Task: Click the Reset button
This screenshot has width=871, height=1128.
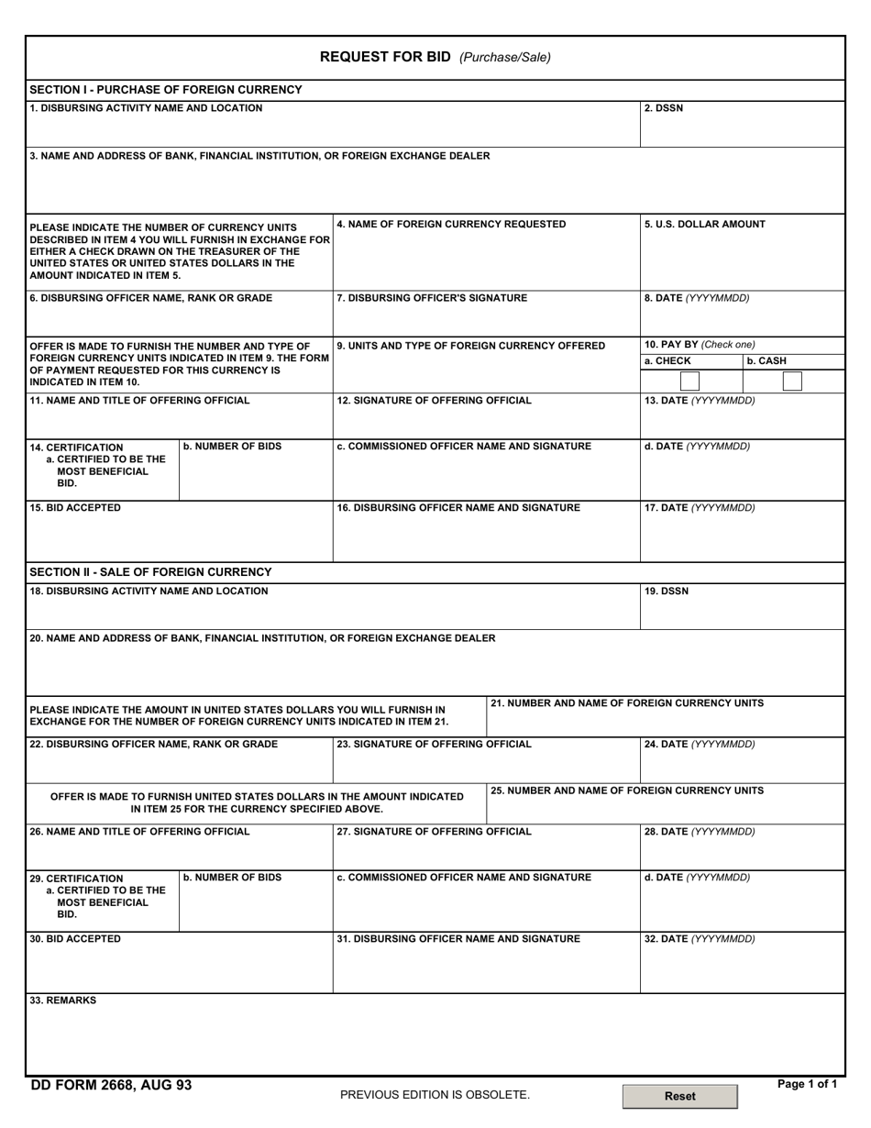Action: [x=679, y=1096]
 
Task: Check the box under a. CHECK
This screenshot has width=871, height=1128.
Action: [x=689, y=381]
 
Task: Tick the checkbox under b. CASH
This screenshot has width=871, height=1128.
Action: [x=792, y=381]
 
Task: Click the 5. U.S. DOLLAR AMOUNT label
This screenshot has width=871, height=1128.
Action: [x=704, y=224]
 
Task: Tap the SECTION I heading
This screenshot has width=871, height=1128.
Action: [x=165, y=90]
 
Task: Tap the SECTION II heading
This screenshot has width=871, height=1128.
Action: [x=150, y=572]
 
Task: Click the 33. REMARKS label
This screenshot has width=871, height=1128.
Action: [x=62, y=1001]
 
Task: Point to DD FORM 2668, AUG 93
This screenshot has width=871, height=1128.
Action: [x=111, y=1085]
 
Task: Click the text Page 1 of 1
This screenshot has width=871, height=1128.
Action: [x=807, y=1084]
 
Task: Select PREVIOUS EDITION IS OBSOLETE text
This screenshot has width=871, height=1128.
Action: [x=435, y=1095]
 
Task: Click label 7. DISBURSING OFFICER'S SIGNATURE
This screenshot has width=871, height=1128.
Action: [x=432, y=297]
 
